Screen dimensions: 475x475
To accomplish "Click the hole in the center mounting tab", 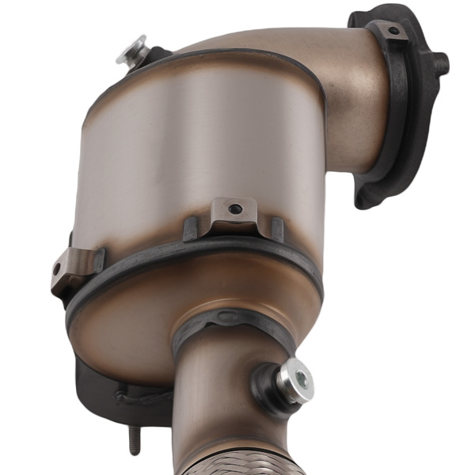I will click(234, 209).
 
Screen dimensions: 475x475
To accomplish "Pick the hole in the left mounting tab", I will click(57, 269).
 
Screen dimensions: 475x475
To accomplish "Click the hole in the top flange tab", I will click(393, 32).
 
